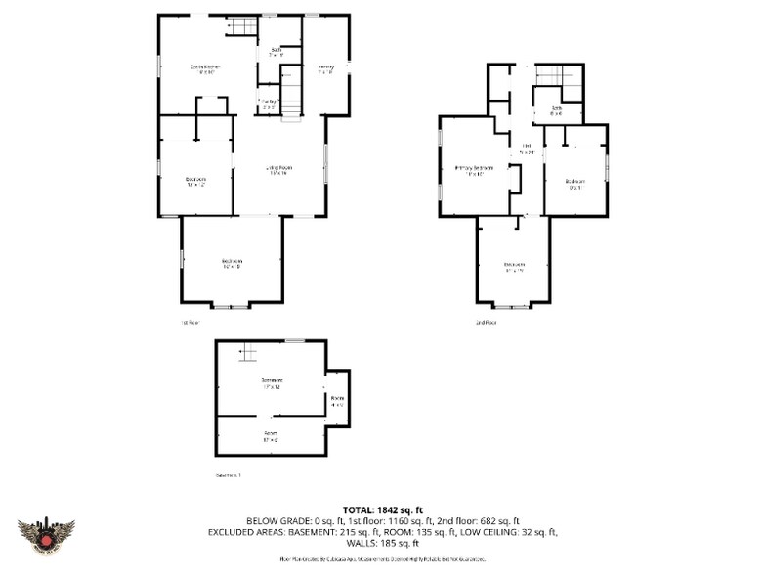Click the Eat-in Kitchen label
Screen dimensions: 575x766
[205, 68]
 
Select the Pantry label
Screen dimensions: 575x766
[268, 103]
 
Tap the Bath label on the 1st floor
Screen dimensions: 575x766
[277, 52]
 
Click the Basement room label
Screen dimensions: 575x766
[271, 382]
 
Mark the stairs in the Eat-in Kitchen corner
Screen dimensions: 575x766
[241, 26]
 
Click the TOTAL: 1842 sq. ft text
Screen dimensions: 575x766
[382, 509]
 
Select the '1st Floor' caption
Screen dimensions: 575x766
[189, 322]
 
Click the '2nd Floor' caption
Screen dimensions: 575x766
[486, 322]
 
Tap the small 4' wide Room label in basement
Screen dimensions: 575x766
[337, 401]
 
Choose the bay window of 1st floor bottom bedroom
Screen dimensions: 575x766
[232, 306]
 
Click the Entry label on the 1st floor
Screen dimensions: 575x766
[325, 68]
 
